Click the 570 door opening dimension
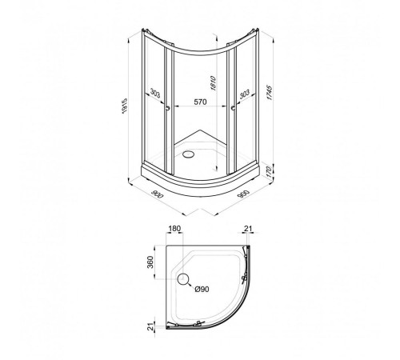click(200, 102)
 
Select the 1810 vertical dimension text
click(213, 83)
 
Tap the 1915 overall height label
click(125, 106)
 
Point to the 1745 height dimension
click(269, 93)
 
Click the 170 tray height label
click(269, 172)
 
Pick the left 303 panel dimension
click(155, 94)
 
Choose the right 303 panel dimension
click(245, 94)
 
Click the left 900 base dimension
click(157, 194)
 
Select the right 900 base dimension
click(243, 194)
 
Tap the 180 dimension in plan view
click(174, 229)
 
